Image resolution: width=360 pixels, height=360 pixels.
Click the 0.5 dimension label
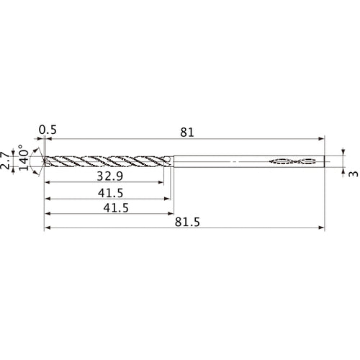[48, 130]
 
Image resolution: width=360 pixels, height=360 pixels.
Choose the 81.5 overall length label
[186, 223]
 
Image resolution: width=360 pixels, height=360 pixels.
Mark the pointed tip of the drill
[45, 162]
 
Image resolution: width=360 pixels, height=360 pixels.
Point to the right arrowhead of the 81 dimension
[322, 139]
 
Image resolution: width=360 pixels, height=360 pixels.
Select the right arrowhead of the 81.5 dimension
[322, 229]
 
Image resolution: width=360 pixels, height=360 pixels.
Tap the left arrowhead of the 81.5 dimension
[48, 229]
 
